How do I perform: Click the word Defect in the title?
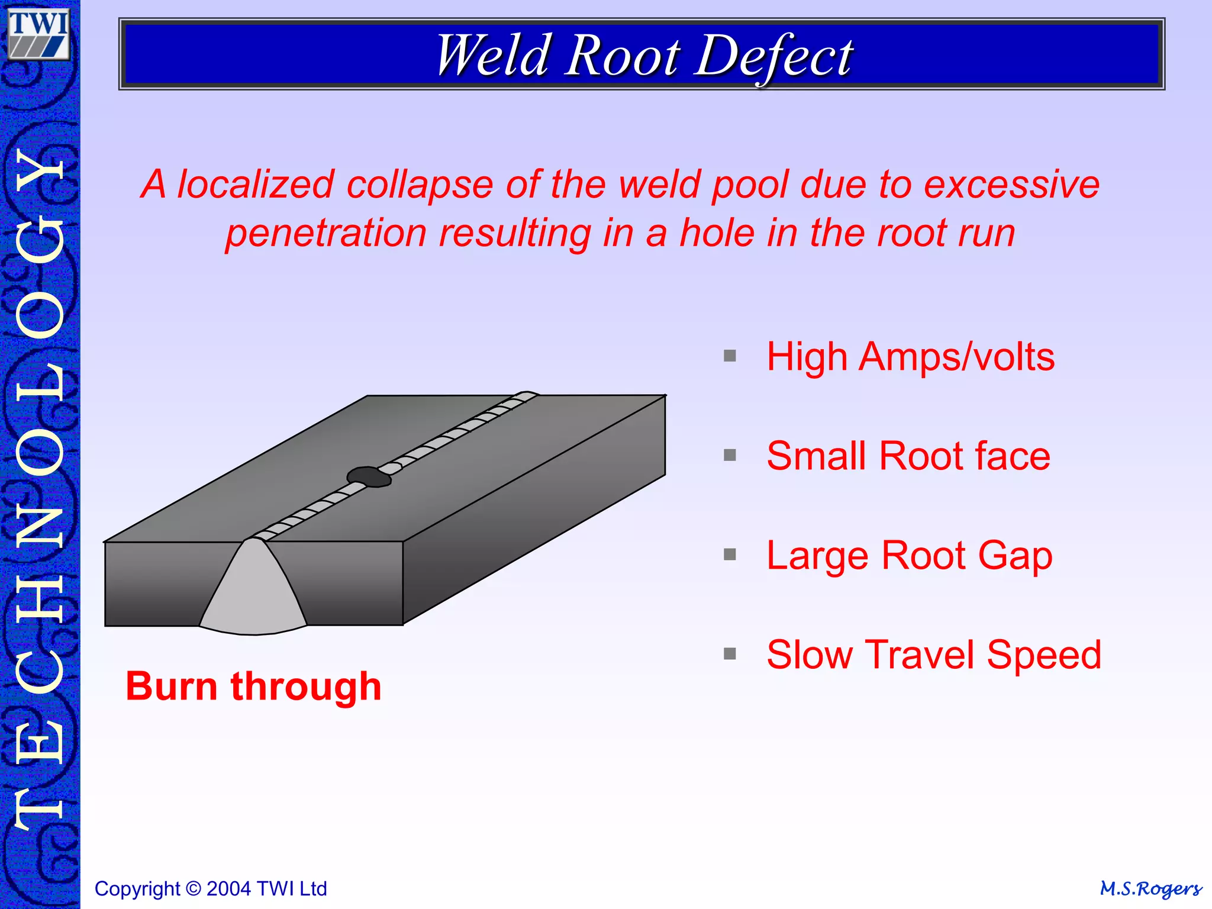tap(773, 56)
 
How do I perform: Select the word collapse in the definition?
tap(420, 185)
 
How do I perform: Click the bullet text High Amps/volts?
tap(910, 357)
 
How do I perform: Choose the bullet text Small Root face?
tap(908, 456)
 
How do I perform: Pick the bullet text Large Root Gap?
tap(909, 556)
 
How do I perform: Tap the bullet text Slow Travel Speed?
tap(933, 655)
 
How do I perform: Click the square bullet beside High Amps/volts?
tap(730, 356)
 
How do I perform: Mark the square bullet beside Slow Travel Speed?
tap(730, 654)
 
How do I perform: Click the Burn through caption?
tap(253, 686)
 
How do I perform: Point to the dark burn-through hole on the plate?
tap(368, 477)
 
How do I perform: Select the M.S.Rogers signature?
tap(1150, 889)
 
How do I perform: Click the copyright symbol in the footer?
tap(193, 889)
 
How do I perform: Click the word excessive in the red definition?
tap(1011, 185)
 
